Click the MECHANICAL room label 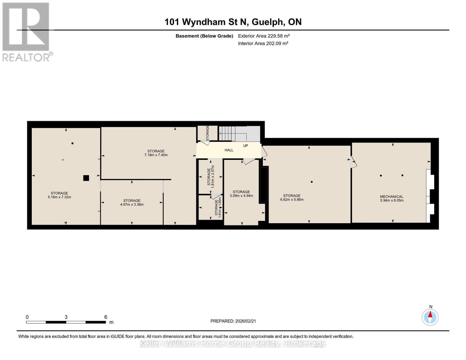[x=392, y=196]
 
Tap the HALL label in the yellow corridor [x=229, y=150]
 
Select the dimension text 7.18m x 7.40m [x=156, y=155]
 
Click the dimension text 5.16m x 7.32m [x=59, y=197]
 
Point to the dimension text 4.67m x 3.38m [x=132, y=205]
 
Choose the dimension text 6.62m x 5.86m [x=292, y=199]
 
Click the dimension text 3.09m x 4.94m [x=241, y=196]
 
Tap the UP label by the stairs [x=245, y=146]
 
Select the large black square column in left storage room [x=86, y=178]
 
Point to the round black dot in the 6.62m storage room [x=312, y=182]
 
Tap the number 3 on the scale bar [x=66, y=317]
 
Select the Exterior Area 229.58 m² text [x=264, y=36]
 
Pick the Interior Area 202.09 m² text [x=263, y=43]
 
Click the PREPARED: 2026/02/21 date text [x=233, y=321]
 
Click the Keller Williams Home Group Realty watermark [x=233, y=343]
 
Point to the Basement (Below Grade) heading [x=204, y=36]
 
